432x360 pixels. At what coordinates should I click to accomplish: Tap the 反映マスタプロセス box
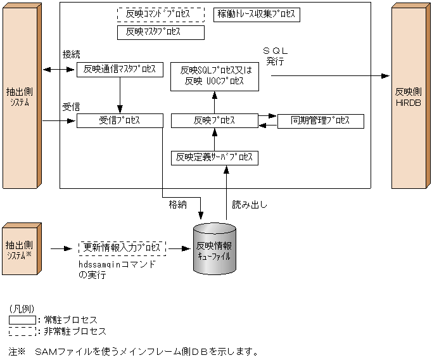(161, 32)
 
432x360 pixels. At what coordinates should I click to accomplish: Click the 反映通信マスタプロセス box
(120, 69)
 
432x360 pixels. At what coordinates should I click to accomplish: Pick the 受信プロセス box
(120, 120)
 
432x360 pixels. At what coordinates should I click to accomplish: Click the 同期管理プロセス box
(321, 120)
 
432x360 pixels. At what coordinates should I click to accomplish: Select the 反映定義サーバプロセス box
(215, 157)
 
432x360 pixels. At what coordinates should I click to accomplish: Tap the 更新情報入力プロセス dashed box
(122, 248)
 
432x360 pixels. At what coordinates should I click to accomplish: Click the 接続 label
(72, 55)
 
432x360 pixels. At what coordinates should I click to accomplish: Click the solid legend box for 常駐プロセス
(22, 319)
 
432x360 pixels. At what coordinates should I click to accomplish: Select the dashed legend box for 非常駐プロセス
(22, 331)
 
